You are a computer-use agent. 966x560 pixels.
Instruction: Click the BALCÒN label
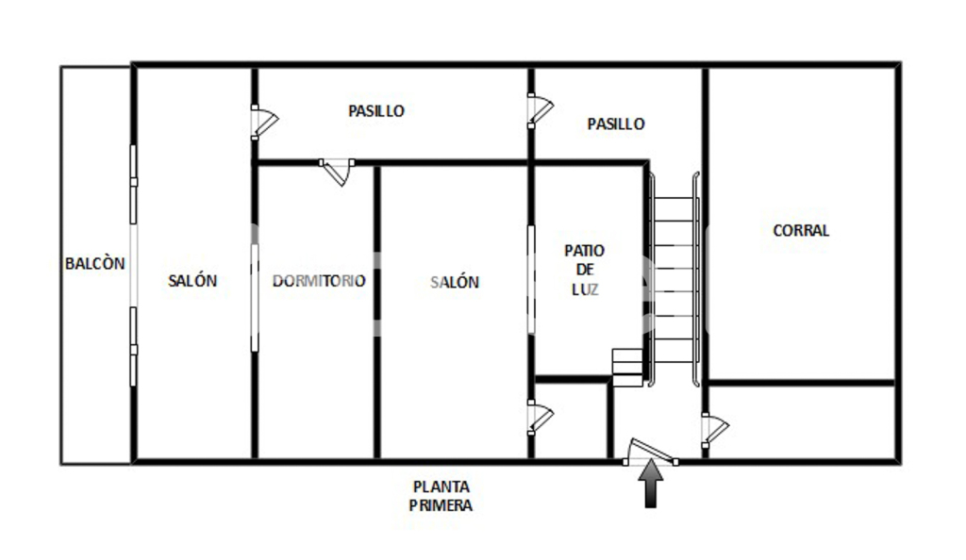pos(95,263)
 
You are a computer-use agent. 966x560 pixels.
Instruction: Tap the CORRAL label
pos(801,230)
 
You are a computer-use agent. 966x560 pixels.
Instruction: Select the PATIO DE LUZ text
pos(584,270)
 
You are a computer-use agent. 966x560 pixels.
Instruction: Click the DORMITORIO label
pos(319,281)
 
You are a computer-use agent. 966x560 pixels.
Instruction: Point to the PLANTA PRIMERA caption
pos(441,496)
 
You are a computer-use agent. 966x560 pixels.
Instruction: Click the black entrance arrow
pos(651,484)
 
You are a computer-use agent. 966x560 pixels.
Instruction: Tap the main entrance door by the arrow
pos(651,451)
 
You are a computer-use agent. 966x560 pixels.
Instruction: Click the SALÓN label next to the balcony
pos(192,281)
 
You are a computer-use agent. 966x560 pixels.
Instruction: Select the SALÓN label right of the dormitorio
pos(455,282)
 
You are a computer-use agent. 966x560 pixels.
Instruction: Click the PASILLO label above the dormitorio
pos(376,110)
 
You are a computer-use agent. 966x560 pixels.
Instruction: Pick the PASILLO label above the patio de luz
pos(616,124)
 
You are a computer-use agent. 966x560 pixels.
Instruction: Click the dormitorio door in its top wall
pos(337,173)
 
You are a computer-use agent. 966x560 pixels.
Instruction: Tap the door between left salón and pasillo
pos(264,122)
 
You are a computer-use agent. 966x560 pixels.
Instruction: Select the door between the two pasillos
pos(541,110)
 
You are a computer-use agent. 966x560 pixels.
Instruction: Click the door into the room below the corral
pos(715,430)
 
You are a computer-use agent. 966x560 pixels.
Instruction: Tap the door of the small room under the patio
pos(541,418)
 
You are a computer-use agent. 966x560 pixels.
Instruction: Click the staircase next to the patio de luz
pos(673,280)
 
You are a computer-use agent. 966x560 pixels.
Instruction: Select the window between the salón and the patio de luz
pos(531,280)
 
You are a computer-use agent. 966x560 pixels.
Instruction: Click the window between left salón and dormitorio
pos(255,298)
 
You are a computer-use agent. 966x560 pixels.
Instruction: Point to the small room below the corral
pos(802,421)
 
